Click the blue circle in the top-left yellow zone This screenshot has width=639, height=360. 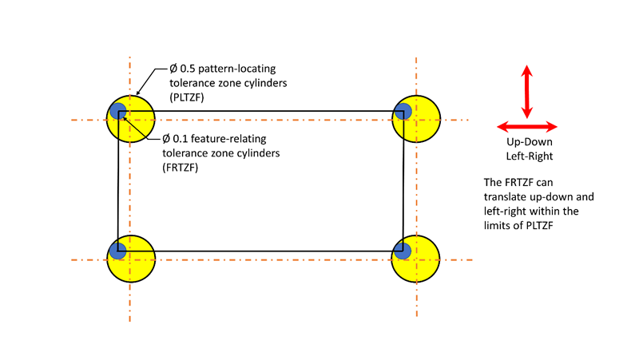[x=117, y=111]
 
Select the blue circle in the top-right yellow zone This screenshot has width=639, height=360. [x=403, y=111]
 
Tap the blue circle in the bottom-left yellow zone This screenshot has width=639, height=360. [x=117, y=250]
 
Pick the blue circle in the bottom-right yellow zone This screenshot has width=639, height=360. [x=403, y=250]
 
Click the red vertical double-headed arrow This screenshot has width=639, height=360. [x=527, y=92]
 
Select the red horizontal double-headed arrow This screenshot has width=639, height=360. [x=527, y=127]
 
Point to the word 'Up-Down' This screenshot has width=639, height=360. [x=527, y=142]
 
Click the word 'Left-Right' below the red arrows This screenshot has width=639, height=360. [x=527, y=155]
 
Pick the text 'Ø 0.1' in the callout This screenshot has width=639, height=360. [x=177, y=136]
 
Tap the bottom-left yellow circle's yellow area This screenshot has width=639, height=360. [x=137, y=263]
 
